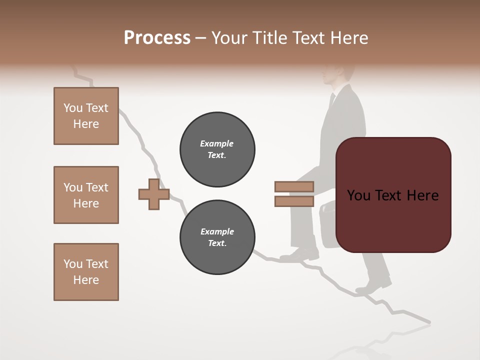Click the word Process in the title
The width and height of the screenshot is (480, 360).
click(157, 38)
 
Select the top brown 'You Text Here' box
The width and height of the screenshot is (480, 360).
click(86, 116)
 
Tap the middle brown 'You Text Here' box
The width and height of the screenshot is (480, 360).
click(86, 195)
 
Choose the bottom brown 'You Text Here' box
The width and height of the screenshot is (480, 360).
click(86, 272)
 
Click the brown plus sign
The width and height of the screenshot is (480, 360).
click(154, 193)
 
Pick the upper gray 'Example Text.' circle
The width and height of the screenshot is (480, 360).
click(217, 149)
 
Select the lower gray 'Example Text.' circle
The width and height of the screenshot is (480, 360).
click(217, 237)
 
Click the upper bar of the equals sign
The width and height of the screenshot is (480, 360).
click(294, 186)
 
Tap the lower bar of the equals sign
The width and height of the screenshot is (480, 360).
click(294, 201)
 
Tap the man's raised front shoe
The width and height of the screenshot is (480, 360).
click(300, 255)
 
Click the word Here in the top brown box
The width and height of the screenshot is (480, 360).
click(86, 124)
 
